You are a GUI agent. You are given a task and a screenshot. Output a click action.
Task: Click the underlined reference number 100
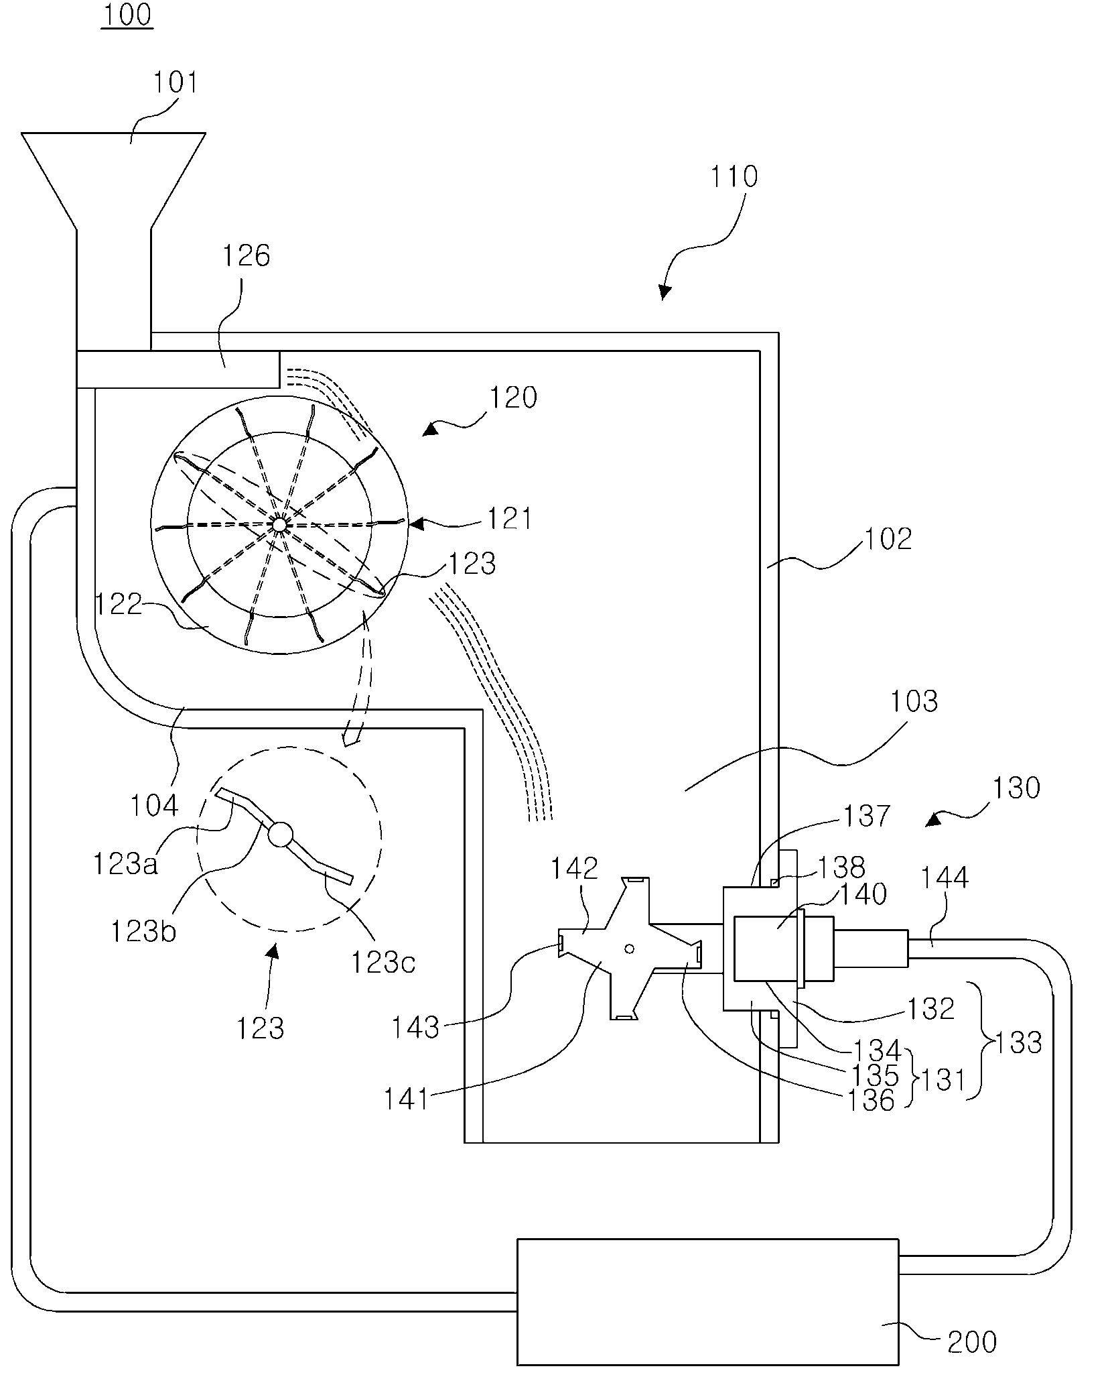tap(127, 15)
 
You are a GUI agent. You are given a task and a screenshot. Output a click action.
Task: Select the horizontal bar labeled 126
tap(178, 369)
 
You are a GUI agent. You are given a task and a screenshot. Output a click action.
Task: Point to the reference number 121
tap(508, 519)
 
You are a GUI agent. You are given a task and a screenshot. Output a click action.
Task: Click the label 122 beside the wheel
tap(119, 605)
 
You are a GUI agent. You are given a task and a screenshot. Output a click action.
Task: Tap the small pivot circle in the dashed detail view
tap(281, 835)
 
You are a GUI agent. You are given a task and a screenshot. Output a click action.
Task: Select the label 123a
tap(125, 865)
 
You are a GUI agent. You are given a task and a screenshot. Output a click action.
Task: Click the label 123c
tap(383, 963)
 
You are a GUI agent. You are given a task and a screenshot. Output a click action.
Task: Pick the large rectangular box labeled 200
tap(708, 1301)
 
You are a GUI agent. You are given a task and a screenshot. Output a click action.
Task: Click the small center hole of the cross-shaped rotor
tap(628, 949)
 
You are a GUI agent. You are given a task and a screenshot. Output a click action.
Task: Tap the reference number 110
tap(734, 176)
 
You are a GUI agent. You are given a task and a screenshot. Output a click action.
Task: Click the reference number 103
tap(914, 701)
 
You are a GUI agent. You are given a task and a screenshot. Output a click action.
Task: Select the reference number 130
tap(1016, 787)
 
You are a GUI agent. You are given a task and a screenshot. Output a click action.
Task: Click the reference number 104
tap(155, 805)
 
